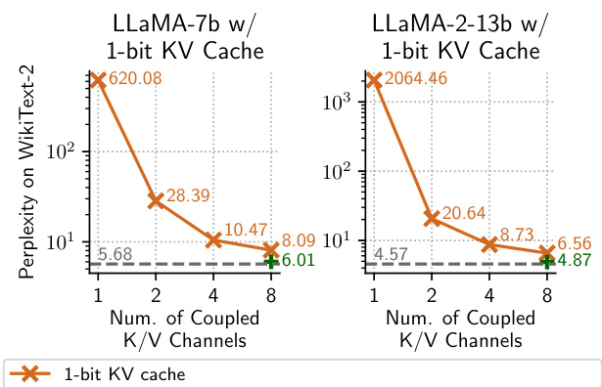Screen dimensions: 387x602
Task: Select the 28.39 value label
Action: pyautogui.click(x=187, y=196)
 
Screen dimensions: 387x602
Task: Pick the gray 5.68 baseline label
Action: pyautogui.click(x=116, y=254)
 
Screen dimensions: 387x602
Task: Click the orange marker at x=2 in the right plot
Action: pyautogui.click(x=431, y=218)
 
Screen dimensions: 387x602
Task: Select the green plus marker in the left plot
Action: pyautogui.click(x=270, y=262)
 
